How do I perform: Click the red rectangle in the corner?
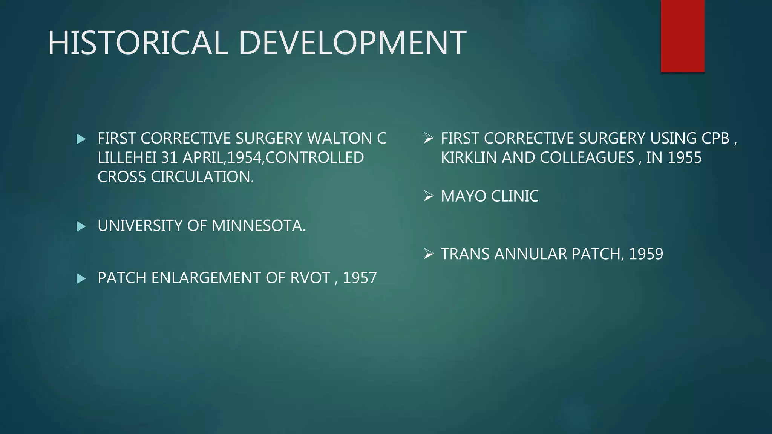point(682,36)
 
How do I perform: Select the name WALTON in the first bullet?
point(339,138)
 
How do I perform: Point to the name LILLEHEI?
point(127,157)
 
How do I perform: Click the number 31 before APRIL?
point(169,157)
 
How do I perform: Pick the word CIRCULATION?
point(202,177)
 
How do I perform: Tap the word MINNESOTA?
point(259,226)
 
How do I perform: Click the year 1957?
point(360,278)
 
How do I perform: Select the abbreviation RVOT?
point(310,278)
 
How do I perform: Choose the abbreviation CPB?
point(715,138)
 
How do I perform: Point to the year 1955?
point(684,157)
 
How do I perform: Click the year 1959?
point(646,254)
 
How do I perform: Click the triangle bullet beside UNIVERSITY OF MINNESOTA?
point(81,226)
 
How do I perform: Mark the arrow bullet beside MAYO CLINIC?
point(429,196)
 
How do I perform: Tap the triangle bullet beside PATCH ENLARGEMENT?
point(81,278)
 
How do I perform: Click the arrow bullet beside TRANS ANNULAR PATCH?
point(429,254)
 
